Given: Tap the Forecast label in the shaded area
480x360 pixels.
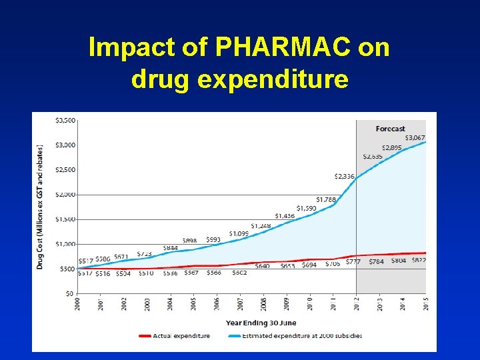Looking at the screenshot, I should pyautogui.click(x=390, y=129).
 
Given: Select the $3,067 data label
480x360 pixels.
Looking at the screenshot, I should pyautogui.click(x=414, y=137).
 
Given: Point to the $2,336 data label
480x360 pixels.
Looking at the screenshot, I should pyautogui.click(x=345, y=177).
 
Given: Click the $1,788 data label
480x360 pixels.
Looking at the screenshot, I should pyautogui.click(x=326, y=199).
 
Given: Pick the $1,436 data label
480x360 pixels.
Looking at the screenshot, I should pyautogui.click(x=285, y=216).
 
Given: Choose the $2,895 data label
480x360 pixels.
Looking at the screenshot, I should pyautogui.click(x=391, y=147).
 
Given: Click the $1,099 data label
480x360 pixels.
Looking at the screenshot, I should pyautogui.click(x=239, y=234).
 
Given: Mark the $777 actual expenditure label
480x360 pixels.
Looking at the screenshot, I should pyautogui.click(x=353, y=261).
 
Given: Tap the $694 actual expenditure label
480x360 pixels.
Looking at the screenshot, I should pyautogui.click(x=309, y=265).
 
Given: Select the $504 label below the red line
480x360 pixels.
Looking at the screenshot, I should pyautogui.click(x=123, y=273).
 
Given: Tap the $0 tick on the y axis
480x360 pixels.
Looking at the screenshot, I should pyautogui.click(x=69, y=293).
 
